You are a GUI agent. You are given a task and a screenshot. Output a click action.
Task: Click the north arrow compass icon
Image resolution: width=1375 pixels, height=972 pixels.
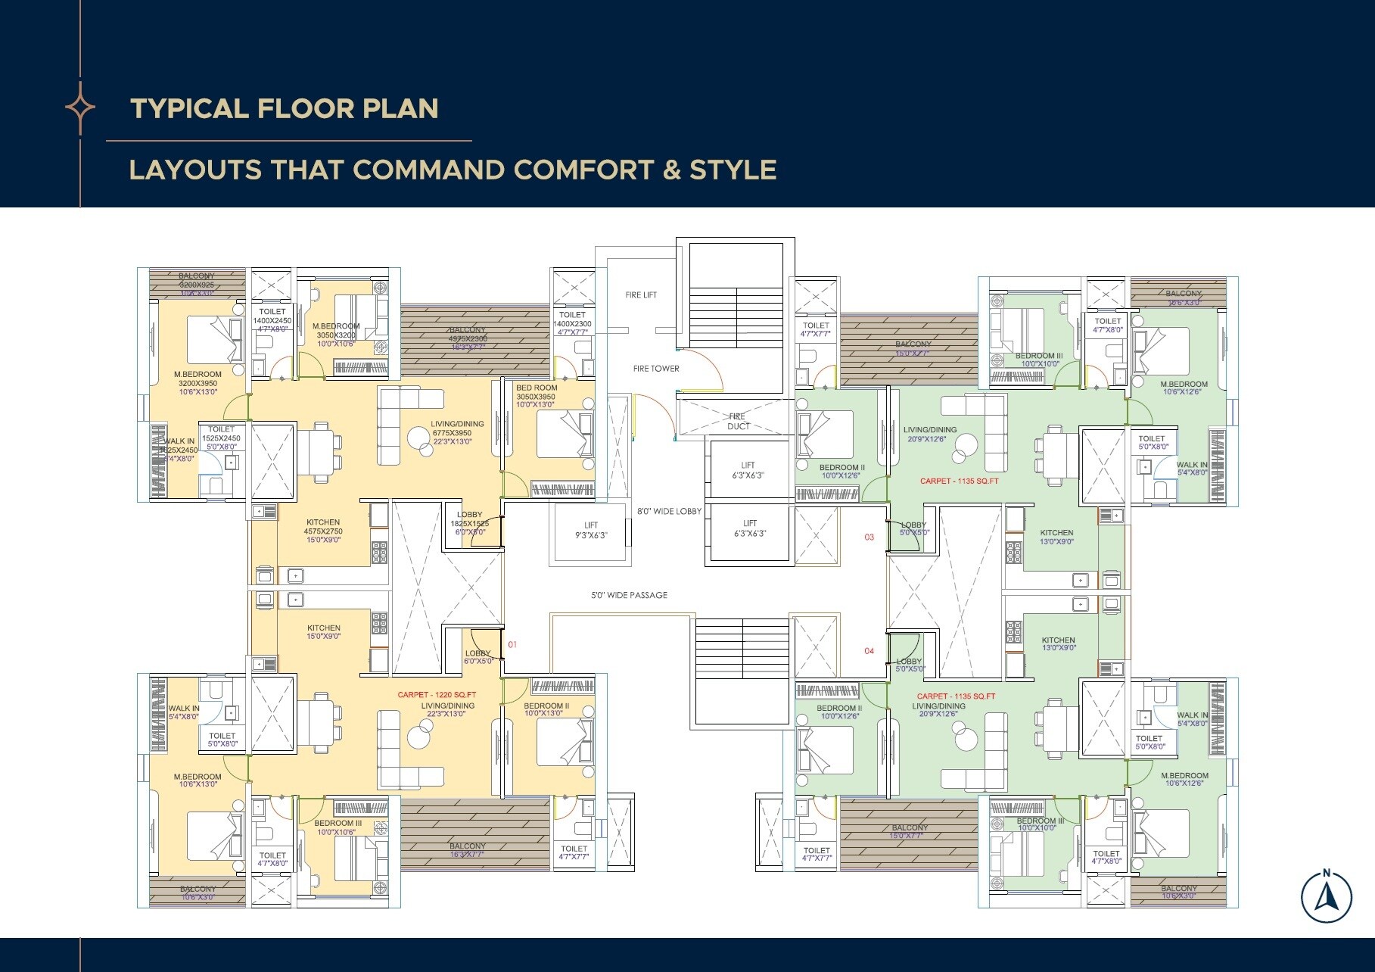click(1326, 897)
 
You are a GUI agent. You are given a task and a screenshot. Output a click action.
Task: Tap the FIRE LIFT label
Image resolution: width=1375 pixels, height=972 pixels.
click(641, 294)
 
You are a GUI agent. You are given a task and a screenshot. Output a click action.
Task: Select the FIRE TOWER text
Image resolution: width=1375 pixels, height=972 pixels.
click(656, 369)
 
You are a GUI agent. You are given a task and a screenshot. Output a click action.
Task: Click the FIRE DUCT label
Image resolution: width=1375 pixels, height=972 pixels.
click(738, 422)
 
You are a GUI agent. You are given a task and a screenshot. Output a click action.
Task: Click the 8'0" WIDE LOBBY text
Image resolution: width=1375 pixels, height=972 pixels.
click(669, 511)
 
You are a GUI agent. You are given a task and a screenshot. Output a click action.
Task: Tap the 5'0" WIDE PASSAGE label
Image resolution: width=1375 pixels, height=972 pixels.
click(629, 595)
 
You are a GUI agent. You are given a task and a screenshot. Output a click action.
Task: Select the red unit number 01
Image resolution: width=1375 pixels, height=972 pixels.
click(512, 645)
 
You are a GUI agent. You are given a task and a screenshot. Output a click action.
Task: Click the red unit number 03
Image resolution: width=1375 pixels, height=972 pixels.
click(869, 537)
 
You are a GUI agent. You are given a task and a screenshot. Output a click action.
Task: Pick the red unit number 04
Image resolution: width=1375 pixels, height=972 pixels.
click(869, 651)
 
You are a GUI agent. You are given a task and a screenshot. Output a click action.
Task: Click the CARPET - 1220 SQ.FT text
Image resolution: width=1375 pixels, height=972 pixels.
click(437, 694)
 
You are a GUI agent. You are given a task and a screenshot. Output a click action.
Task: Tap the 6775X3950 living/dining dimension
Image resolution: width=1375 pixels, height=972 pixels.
click(452, 433)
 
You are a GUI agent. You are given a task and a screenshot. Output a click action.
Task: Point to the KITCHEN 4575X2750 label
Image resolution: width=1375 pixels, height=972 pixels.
click(323, 527)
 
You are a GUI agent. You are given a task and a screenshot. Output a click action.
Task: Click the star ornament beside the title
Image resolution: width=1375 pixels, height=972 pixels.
click(80, 107)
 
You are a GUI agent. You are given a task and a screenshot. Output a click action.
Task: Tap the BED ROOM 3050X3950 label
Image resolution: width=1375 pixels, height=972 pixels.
click(535, 392)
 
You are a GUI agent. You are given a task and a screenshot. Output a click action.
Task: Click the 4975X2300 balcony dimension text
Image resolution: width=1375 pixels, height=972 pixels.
click(467, 339)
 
